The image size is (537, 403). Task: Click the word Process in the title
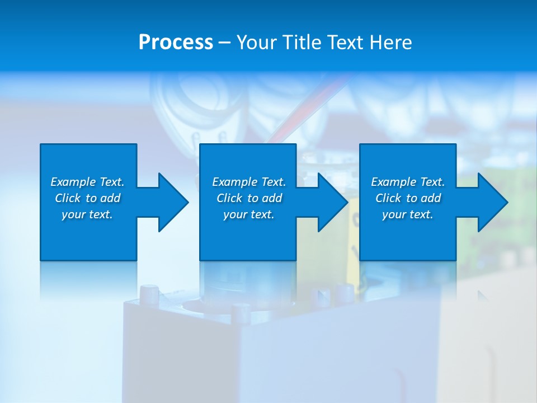tap(176, 43)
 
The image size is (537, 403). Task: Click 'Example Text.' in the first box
tap(87, 182)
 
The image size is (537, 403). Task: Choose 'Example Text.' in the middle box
tap(249, 182)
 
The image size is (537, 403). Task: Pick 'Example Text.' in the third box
tap(408, 182)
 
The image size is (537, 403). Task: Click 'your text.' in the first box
tap(87, 214)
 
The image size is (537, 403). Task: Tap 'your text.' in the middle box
tap(249, 214)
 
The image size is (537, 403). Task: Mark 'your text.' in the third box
tap(408, 214)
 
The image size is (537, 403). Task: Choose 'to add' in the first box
tap(103, 198)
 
